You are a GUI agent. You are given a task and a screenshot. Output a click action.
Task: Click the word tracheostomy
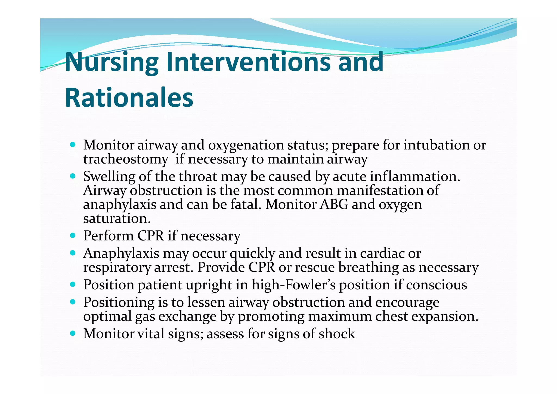[125, 159]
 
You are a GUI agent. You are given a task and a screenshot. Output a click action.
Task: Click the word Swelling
[109, 177]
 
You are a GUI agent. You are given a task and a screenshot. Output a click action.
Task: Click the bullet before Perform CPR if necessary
[72, 235]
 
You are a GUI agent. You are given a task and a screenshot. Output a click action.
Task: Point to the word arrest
[174, 268]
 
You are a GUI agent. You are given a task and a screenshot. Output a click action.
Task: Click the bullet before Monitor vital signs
[72, 333]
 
